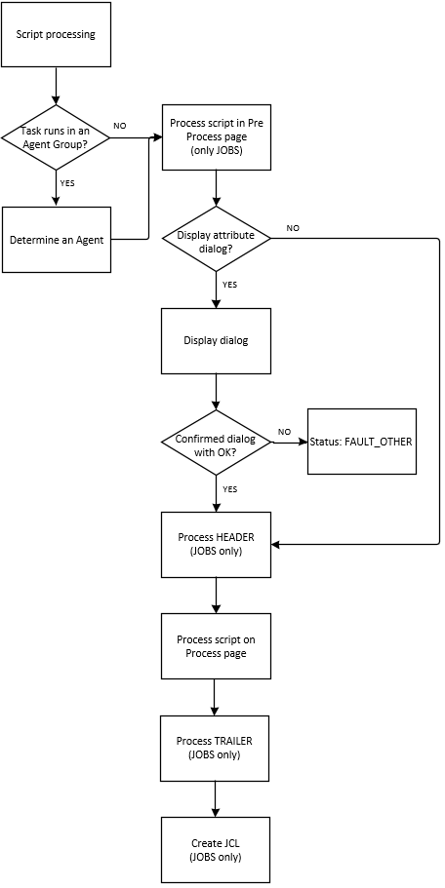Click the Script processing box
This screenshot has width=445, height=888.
pos(57,34)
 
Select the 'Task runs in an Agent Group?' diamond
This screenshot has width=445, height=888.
pos(57,137)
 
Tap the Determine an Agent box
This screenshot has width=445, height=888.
pos(57,240)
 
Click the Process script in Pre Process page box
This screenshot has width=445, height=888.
pos(216,137)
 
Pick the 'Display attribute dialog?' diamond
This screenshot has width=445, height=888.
pos(216,239)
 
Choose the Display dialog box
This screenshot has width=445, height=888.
pos(216,341)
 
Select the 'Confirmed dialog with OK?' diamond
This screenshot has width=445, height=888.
pos(216,443)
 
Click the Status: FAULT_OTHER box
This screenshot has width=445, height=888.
pos(362,442)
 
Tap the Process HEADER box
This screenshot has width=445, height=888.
pos(216,545)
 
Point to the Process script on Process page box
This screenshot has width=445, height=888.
pos(216,646)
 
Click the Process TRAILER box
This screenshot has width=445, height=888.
pos(215,748)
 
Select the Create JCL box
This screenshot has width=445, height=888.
pos(216,850)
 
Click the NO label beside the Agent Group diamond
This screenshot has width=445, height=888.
pos(120,126)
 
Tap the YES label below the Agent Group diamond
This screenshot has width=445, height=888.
pos(67,183)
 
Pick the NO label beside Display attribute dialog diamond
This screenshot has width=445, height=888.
pos(293,228)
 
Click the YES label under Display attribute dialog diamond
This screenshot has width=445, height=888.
pos(229,285)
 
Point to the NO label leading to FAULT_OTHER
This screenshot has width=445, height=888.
pos(284,432)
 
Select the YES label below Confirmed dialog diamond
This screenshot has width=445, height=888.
pos(229,488)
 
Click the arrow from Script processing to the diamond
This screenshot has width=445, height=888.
pos(56,86)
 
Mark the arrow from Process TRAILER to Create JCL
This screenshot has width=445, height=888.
pos(216,799)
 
